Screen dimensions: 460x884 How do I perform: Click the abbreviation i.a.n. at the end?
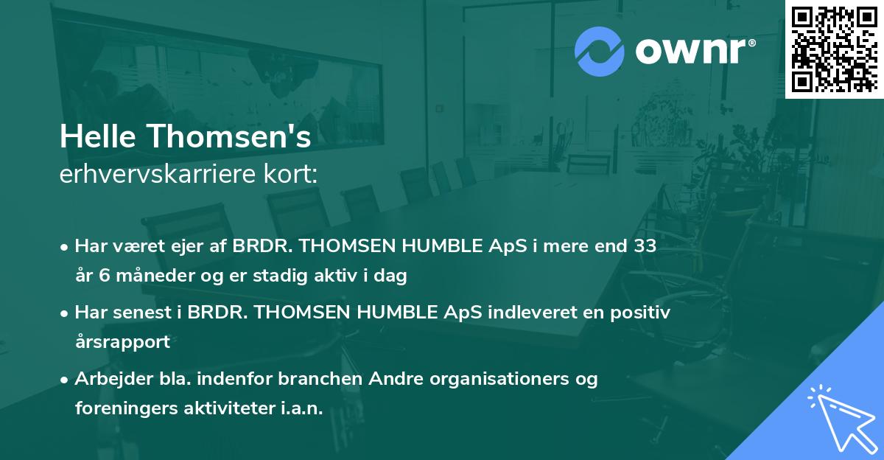click(301, 408)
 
